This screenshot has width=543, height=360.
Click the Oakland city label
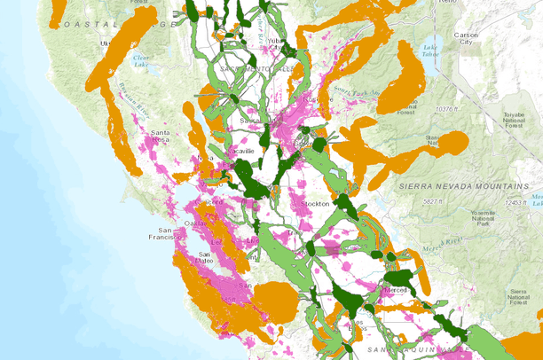click(207, 222)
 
